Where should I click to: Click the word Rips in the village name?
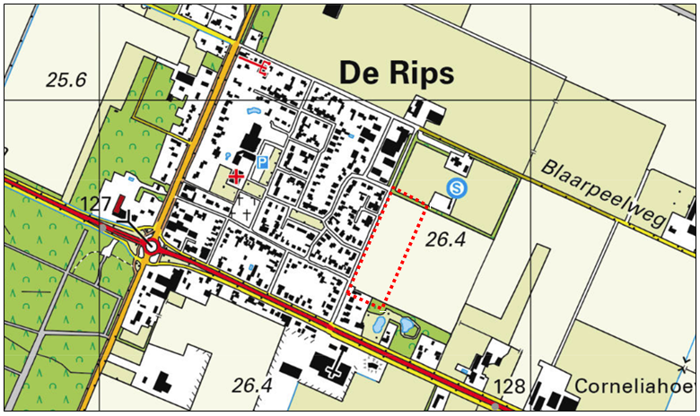pyautogui.click(x=419, y=74)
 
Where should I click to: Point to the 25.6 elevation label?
pyautogui.click(x=66, y=80)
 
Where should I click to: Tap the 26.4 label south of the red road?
pyautogui.click(x=251, y=386)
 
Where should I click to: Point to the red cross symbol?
pyautogui.click(x=236, y=177)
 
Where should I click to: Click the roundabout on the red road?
pyautogui.click(x=150, y=245)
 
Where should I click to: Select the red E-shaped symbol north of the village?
pyautogui.click(x=263, y=65)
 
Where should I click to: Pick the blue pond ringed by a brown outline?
pyautogui.click(x=378, y=325)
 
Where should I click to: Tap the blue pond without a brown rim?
pyautogui.click(x=408, y=325)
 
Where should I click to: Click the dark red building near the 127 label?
pyautogui.click(x=121, y=208)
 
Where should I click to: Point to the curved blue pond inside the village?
pyautogui.click(x=252, y=110)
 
